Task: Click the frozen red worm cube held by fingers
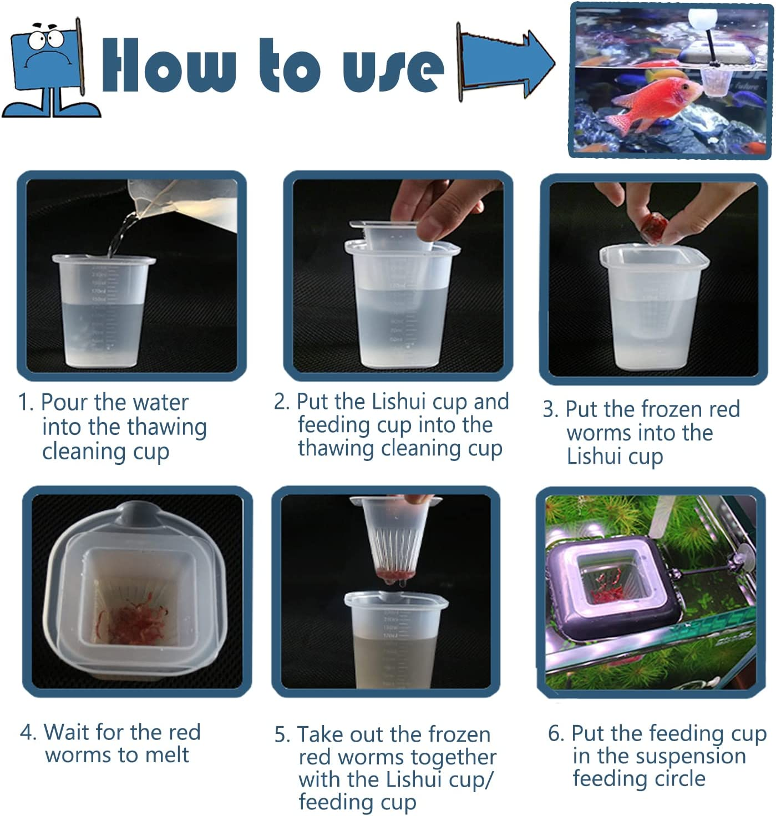655,227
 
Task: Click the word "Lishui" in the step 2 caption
398,402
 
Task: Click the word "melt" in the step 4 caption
166,755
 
